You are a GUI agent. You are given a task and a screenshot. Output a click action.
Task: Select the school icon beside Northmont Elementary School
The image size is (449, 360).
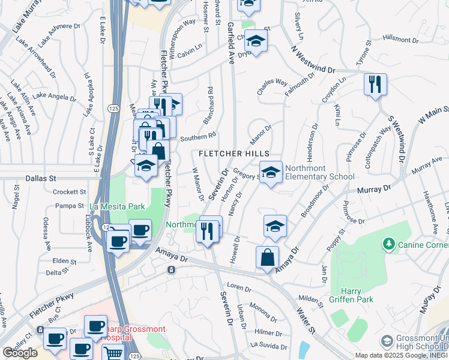(271, 173)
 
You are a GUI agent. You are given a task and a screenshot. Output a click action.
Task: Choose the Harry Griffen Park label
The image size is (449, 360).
(351, 295)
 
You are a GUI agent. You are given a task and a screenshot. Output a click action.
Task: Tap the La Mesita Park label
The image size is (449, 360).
(117, 206)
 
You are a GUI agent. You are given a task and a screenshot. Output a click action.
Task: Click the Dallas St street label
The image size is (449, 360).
(41, 178)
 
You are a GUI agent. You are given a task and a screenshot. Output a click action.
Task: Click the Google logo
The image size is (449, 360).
(20, 353)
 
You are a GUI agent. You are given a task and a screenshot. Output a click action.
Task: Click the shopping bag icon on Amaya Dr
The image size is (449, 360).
(267, 257)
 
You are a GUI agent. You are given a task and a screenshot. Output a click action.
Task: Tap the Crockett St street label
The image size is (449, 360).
(70, 192)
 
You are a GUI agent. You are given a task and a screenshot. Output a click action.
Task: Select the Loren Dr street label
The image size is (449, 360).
(238, 287)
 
